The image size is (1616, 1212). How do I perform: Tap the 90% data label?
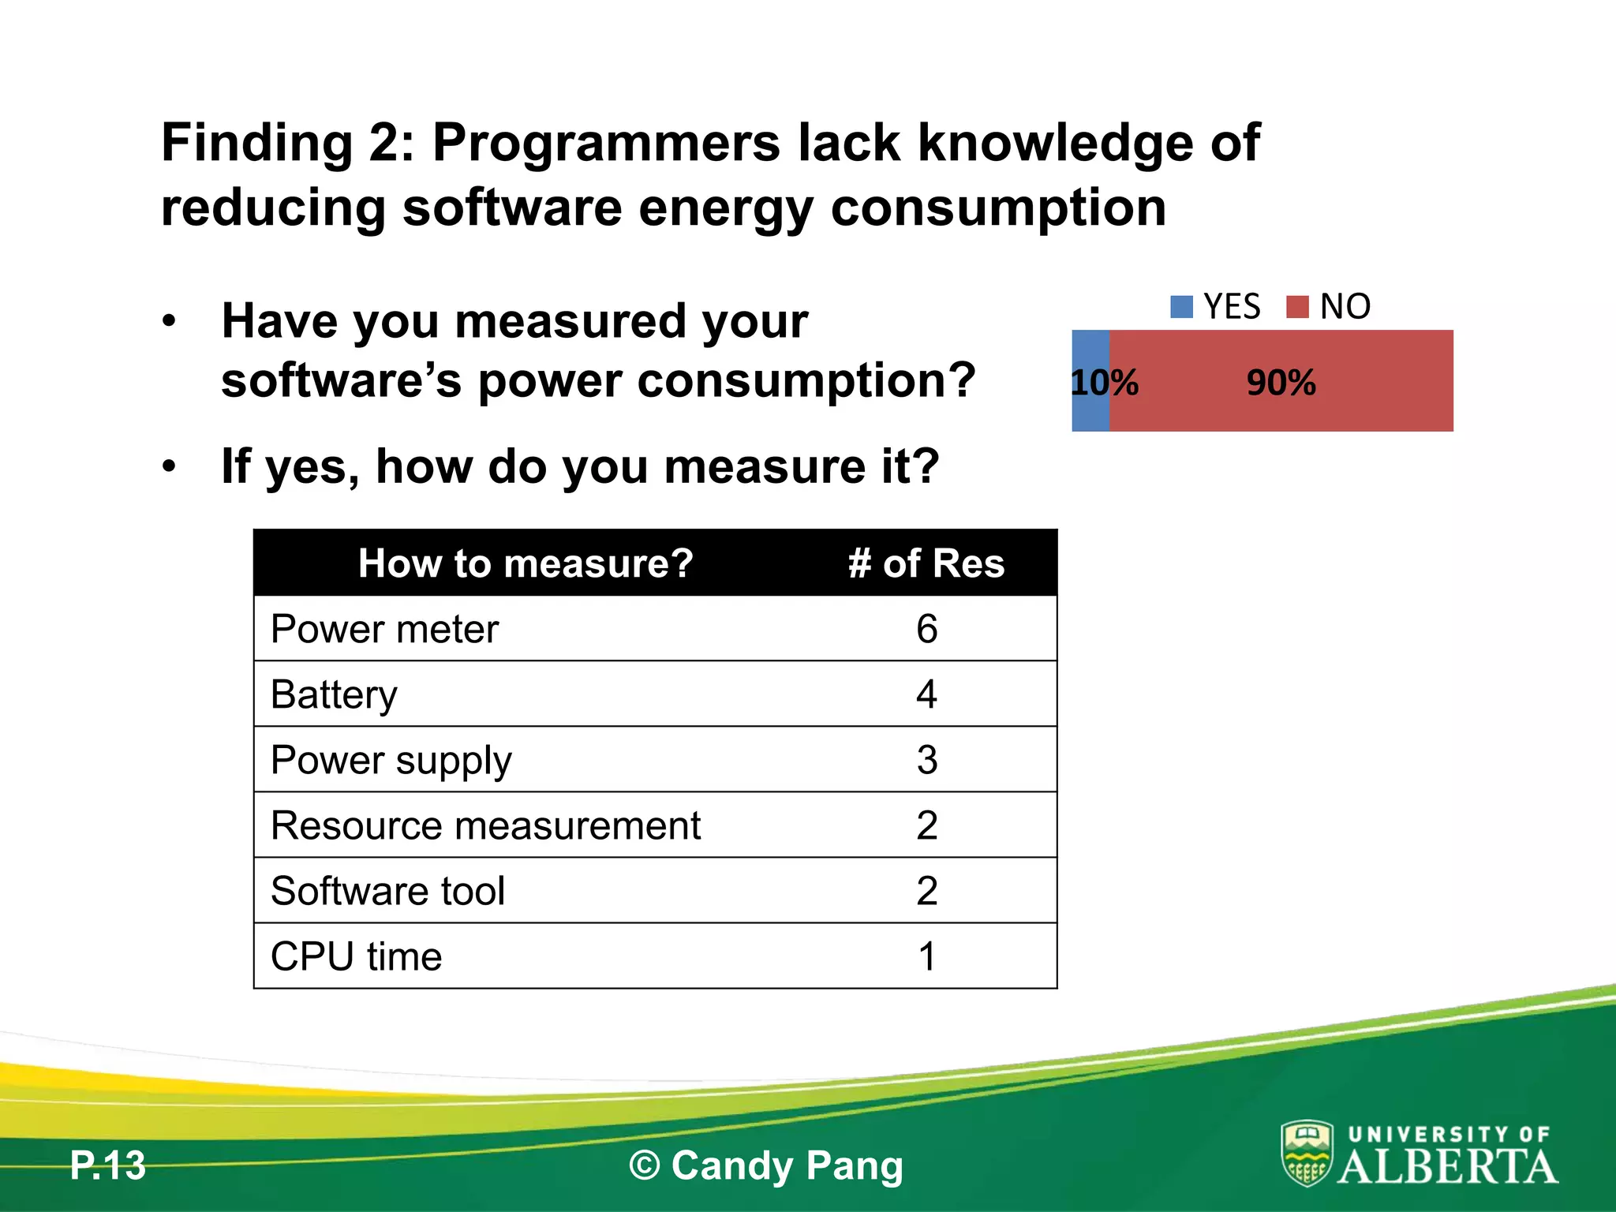click(1281, 383)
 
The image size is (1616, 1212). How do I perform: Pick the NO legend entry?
click(1330, 306)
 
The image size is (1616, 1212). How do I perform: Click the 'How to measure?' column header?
click(526, 563)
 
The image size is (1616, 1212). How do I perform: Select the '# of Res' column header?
click(926, 563)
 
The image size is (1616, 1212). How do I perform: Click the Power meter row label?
click(385, 629)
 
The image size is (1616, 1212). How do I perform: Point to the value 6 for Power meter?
click(926, 629)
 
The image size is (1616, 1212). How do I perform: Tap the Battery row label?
click(334, 694)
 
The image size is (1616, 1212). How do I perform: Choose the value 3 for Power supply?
click(926, 760)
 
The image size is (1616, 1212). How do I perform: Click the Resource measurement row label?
click(485, 825)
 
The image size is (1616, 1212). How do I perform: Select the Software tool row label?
click(387, 891)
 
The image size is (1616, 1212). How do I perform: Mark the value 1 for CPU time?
click(926, 956)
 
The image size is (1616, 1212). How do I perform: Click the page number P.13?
click(108, 1165)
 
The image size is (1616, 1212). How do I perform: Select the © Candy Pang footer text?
click(765, 1165)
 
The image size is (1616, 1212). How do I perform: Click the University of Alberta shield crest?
click(1307, 1154)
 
